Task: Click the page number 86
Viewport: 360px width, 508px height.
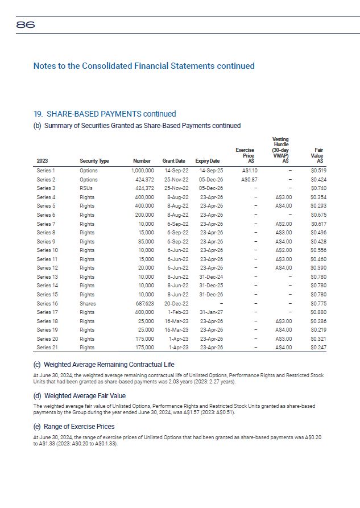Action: tap(26, 24)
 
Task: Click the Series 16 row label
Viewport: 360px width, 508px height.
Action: tap(47, 303)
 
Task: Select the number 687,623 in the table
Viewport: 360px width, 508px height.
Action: tap(143, 303)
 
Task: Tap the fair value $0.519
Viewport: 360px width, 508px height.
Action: tap(318, 170)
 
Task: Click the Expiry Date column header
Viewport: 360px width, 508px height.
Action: tap(207, 161)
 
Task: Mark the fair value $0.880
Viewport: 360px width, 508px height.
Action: tap(318, 312)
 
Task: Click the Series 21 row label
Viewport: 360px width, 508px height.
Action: tap(47, 347)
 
